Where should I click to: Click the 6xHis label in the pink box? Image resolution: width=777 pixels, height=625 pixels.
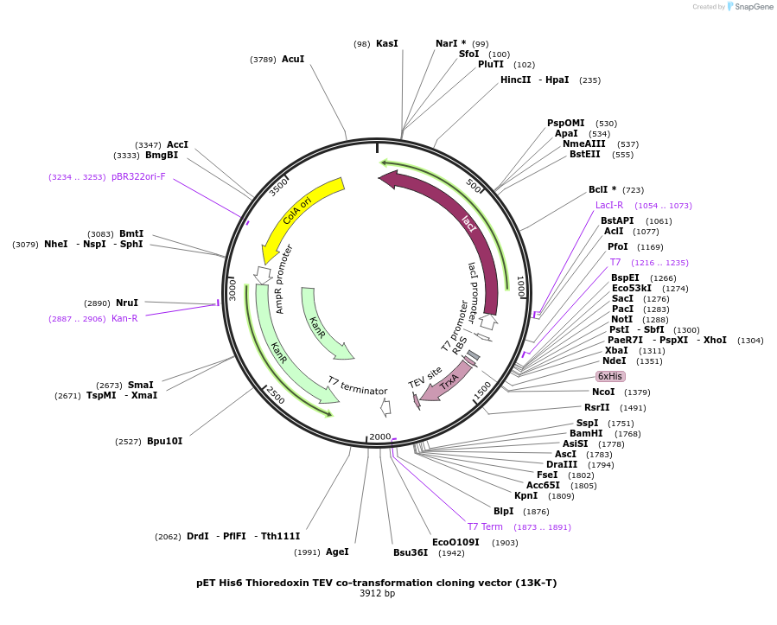(609, 376)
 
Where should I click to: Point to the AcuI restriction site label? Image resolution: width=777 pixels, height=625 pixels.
(293, 59)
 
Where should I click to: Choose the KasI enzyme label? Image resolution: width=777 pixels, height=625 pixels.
(386, 43)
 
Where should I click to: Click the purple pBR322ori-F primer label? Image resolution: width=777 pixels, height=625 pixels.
(138, 176)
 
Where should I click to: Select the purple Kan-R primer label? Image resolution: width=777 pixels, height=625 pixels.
(124, 318)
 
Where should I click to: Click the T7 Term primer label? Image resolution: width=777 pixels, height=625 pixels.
(485, 526)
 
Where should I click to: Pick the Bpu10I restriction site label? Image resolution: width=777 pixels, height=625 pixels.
(164, 441)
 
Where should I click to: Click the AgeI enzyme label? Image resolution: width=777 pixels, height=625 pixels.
(337, 552)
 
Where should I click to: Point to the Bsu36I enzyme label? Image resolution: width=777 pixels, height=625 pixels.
(411, 552)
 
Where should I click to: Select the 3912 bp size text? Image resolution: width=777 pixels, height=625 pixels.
(377, 593)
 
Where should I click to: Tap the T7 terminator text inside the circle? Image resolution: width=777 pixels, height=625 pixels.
(357, 386)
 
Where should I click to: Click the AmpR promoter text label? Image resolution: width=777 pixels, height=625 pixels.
(284, 278)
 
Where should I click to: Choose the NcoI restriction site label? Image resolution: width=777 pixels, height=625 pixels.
(603, 392)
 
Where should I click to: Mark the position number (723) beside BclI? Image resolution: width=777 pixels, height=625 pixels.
(633, 189)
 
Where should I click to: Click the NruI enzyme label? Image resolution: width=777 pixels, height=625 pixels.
(126, 303)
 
